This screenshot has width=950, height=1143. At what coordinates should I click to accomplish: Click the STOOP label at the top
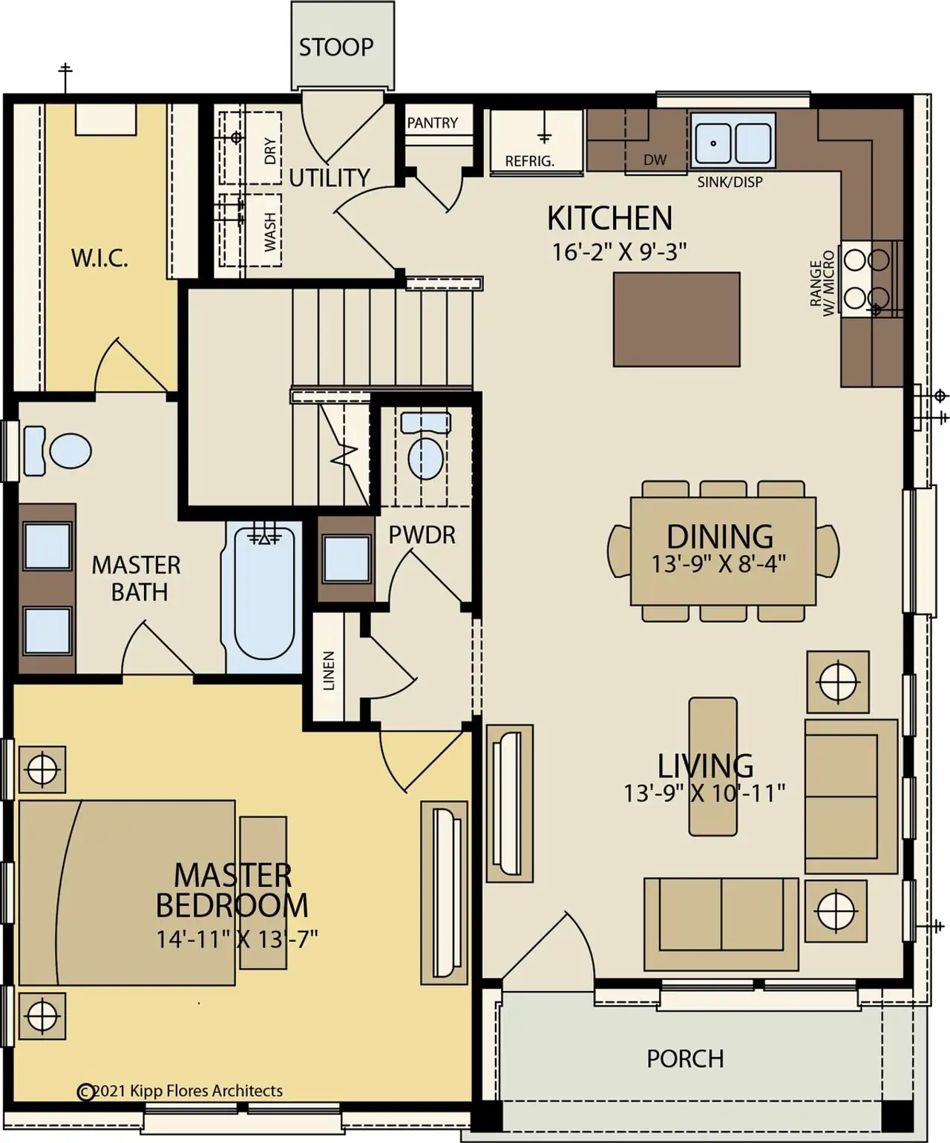pyautogui.click(x=335, y=48)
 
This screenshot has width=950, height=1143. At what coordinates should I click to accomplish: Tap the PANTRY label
pyautogui.click(x=432, y=122)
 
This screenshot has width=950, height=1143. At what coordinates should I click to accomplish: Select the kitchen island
pyautogui.click(x=676, y=319)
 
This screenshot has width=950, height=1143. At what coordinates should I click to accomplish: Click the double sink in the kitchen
pyautogui.click(x=733, y=140)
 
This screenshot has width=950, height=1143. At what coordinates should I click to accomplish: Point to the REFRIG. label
pyautogui.click(x=529, y=161)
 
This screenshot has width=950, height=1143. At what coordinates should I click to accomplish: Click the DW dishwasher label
pyautogui.click(x=655, y=160)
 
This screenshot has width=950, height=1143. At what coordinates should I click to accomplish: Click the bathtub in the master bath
pyautogui.click(x=264, y=594)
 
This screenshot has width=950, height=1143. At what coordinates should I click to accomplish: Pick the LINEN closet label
pyautogui.click(x=329, y=670)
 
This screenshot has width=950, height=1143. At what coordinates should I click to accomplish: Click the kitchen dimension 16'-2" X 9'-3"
pyautogui.click(x=618, y=252)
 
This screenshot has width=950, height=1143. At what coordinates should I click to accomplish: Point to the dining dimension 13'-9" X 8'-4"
pyautogui.click(x=718, y=564)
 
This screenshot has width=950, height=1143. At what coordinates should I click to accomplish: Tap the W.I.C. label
pyautogui.click(x=99, y=258)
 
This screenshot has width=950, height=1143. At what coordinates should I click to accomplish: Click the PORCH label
pyautogui.click(x=684, y=1058)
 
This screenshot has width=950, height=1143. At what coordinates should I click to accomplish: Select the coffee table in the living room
pyautogui.click(x=712, y=766)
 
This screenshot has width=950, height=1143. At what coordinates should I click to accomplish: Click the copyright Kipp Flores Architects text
pyautogui.click(x=180, y=1090)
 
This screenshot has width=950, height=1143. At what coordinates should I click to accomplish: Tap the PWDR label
pyautogui.click(x=422, y=534)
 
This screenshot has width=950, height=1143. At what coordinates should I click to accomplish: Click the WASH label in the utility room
pyautogui.click(x=270, y=232)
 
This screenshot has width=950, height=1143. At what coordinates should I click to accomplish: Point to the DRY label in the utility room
pyautogui.click(x=270, y=151)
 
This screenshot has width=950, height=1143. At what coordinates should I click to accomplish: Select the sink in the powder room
pyautogui.click(x=347, y=558)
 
